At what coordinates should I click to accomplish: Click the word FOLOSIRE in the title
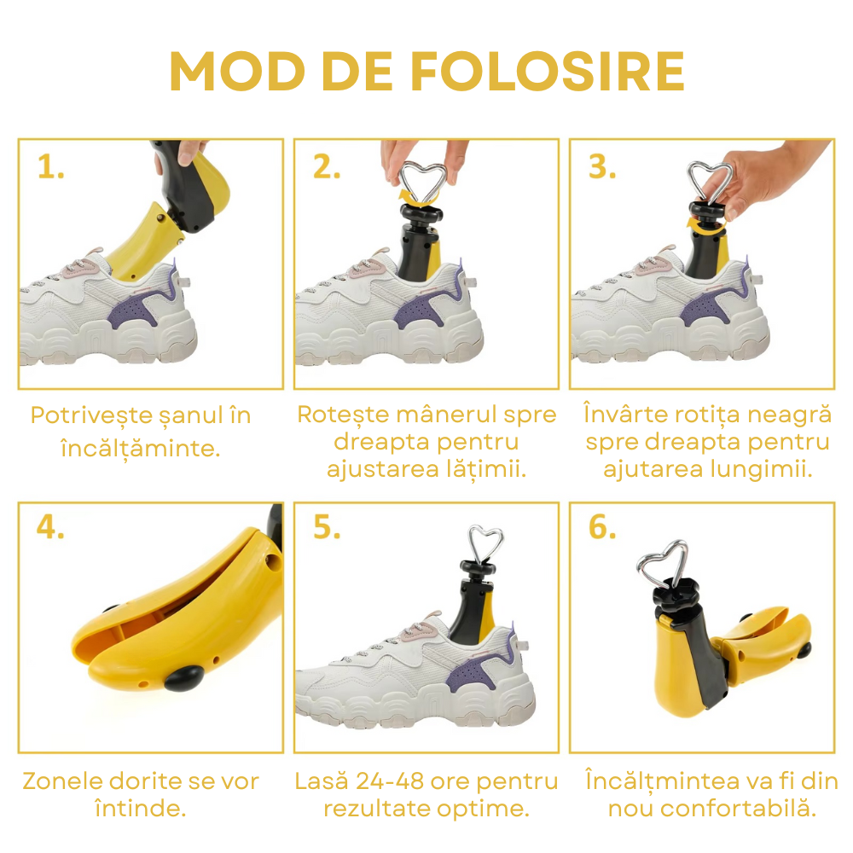tap(547, 72)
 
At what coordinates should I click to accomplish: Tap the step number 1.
tap(50, 166)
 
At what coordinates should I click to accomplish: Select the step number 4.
tap(50, 527)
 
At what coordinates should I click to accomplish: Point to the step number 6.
tap(602, 527)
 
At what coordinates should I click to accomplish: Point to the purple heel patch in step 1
tap(142, 309)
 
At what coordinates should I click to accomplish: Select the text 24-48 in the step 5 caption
tap(390, 781)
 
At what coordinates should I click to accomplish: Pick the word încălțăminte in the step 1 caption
tap(141, 450)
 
